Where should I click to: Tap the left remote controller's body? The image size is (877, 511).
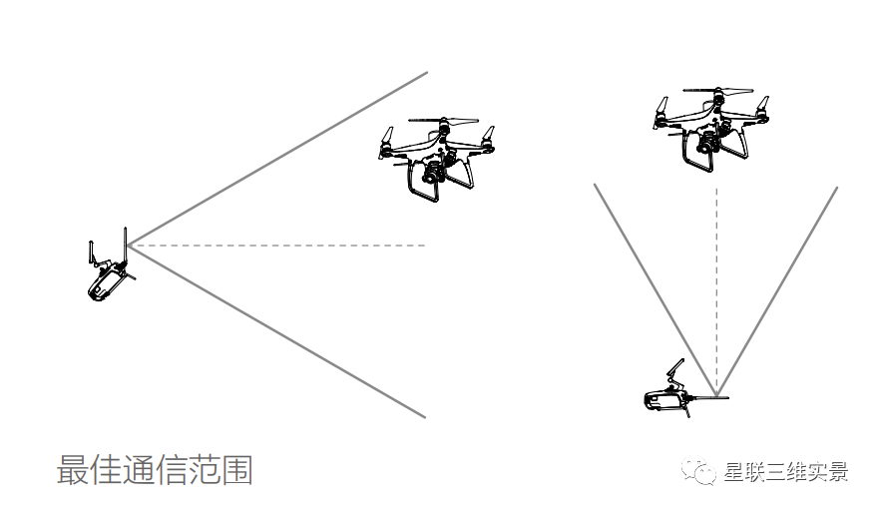point(105,285)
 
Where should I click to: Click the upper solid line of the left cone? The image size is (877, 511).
point(279,157)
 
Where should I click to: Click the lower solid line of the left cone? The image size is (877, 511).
point(279,331)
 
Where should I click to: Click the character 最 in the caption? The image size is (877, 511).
point(73,470)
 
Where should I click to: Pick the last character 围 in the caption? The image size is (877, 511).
point(236,470)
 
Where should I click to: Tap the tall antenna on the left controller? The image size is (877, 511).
point(125,245)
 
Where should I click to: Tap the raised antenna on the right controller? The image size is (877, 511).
point(674,372)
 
